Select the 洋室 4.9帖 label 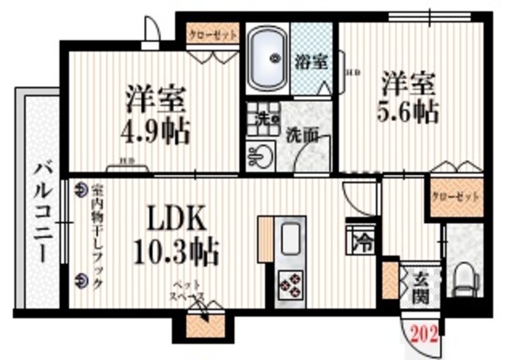[x=157, y=115]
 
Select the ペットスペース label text [x=191, y=293]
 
